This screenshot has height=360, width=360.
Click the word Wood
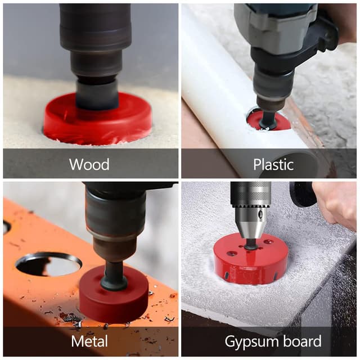[x=89, y=164]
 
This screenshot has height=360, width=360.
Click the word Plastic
[x=273, y=164]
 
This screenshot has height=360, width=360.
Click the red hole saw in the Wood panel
[x=97, y=121]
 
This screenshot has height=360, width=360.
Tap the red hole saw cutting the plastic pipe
[x=269, y=121]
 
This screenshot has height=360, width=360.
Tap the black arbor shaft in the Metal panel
[x=114, y=276]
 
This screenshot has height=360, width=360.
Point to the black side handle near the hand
[x=303, y=194]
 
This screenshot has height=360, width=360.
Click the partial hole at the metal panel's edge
[x=6, y=227]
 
